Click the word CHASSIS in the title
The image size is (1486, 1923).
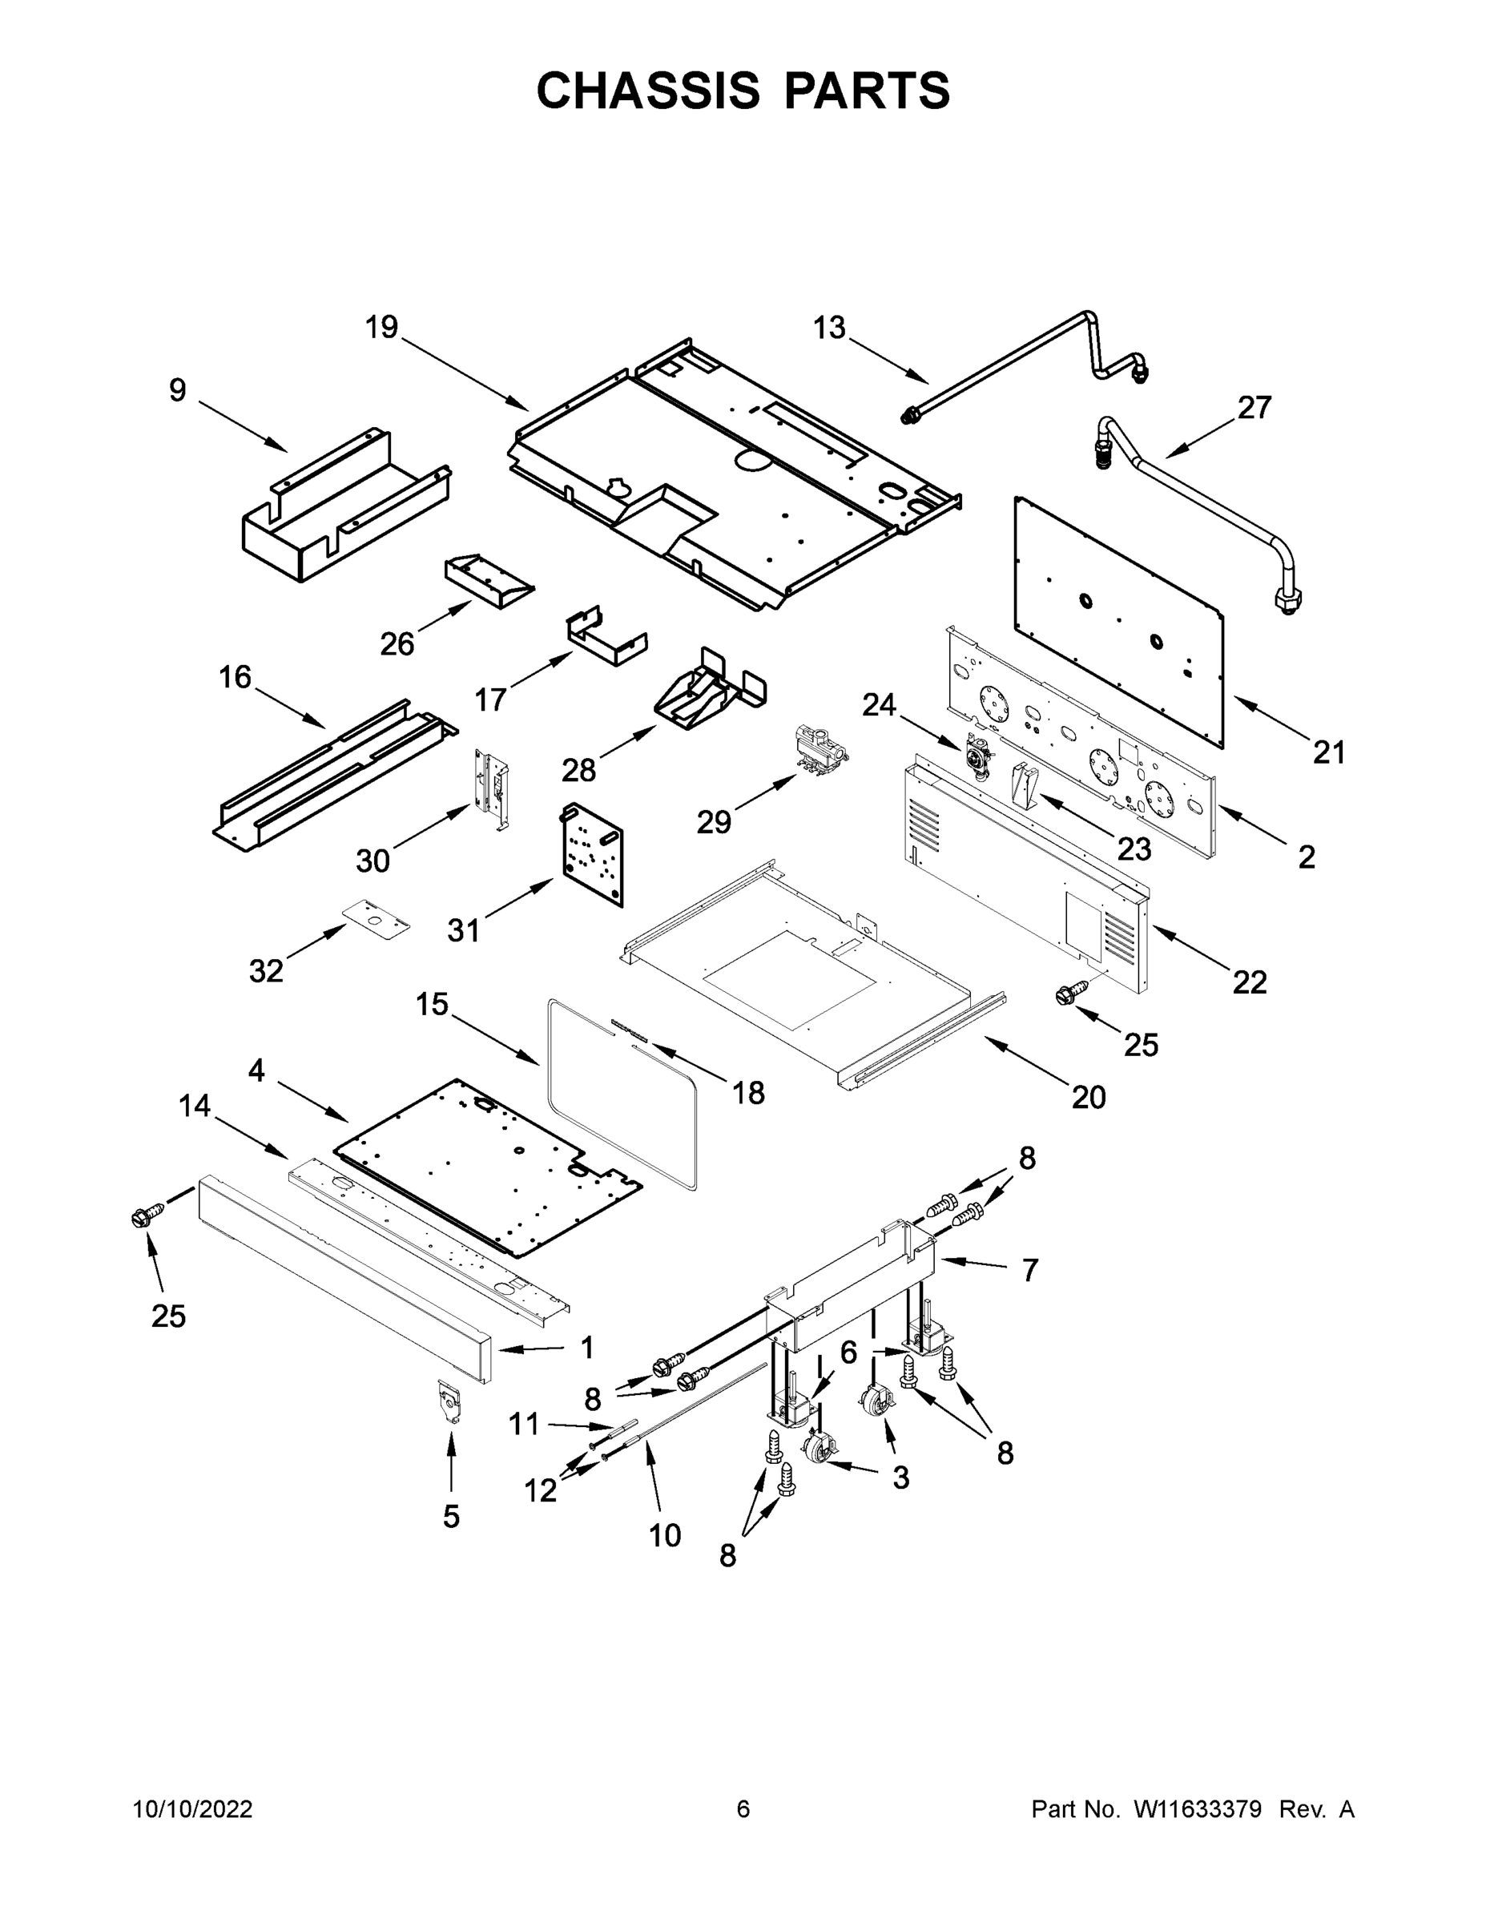[x=648, y=91]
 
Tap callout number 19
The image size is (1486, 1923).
[x=382, y=328]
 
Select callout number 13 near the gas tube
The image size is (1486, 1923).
[x=828, y=328]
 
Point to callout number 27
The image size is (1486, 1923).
[x=1254, y=408]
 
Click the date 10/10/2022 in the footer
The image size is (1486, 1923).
[x=193, y=1809]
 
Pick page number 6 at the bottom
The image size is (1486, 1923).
[x=743, y=1809]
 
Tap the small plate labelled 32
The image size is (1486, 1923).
[x=377, y=918]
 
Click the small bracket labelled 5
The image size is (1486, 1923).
[x=451, y=1401]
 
